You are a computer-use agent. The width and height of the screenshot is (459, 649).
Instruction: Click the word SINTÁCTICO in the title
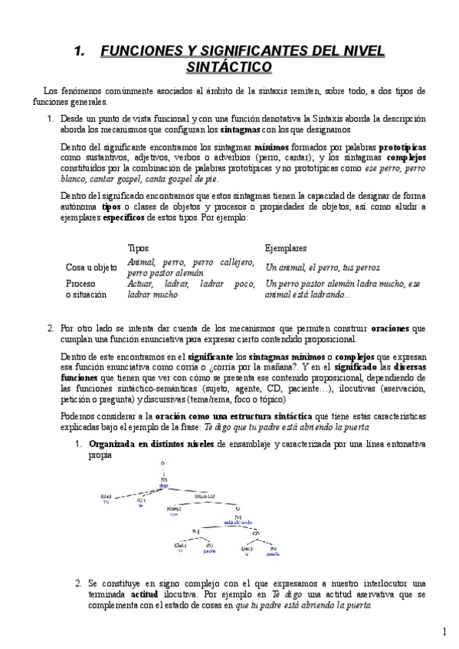[x=228, y=67]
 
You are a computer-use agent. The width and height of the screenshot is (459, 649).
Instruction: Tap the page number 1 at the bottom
[x=444, y=631]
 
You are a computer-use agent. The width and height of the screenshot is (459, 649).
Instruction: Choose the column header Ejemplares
[x=287, y=248]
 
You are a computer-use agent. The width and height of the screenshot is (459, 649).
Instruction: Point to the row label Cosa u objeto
[x=92, y=267]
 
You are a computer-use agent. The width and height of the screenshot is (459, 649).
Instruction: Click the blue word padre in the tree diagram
[x=209, y=550]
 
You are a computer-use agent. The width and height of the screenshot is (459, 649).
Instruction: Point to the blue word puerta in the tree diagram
[x=273, y=550]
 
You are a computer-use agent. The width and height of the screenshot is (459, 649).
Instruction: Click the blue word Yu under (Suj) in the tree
[x=106, y=501]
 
